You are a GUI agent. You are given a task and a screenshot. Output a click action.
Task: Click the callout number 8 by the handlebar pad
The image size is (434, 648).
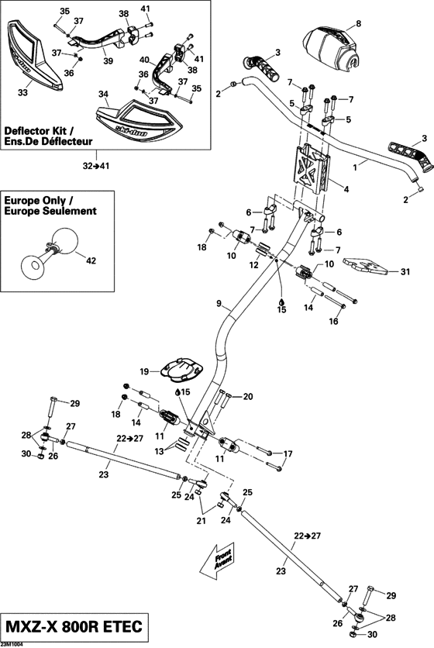pos(358,23)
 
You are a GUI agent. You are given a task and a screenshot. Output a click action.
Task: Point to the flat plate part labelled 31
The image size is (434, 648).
pos(365,267)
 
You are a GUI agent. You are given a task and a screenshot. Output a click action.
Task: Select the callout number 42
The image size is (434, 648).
pos(91,261)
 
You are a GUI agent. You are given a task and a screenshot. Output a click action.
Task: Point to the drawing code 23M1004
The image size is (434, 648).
pos(12,643)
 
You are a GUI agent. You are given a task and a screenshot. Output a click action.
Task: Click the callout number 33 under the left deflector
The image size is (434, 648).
pos(22,93)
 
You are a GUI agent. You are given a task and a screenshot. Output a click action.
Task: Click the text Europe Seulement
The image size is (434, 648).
pos(50,210)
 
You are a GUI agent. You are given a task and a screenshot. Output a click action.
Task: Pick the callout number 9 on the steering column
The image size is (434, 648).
pos(219,302)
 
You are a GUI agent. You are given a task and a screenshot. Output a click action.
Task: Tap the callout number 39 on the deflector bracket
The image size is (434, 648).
pos(107,61)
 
